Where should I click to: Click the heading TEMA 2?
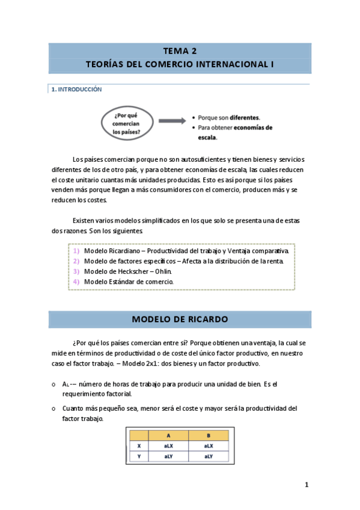(x=179, y=51)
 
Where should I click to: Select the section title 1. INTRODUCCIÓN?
(x=77, y=90)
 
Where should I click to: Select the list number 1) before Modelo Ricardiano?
(x=76, y=250)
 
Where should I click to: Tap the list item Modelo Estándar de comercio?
(x=129, y=281)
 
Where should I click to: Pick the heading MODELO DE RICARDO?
(x=179, y=319)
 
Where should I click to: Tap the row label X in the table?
(x=139, y=446)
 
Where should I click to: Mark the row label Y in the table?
(x=139, y=456)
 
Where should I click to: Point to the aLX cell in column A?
(x=168, y=446)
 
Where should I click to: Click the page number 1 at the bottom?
(x=307, y=485)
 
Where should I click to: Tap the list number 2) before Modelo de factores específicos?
(x=76, y=261)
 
